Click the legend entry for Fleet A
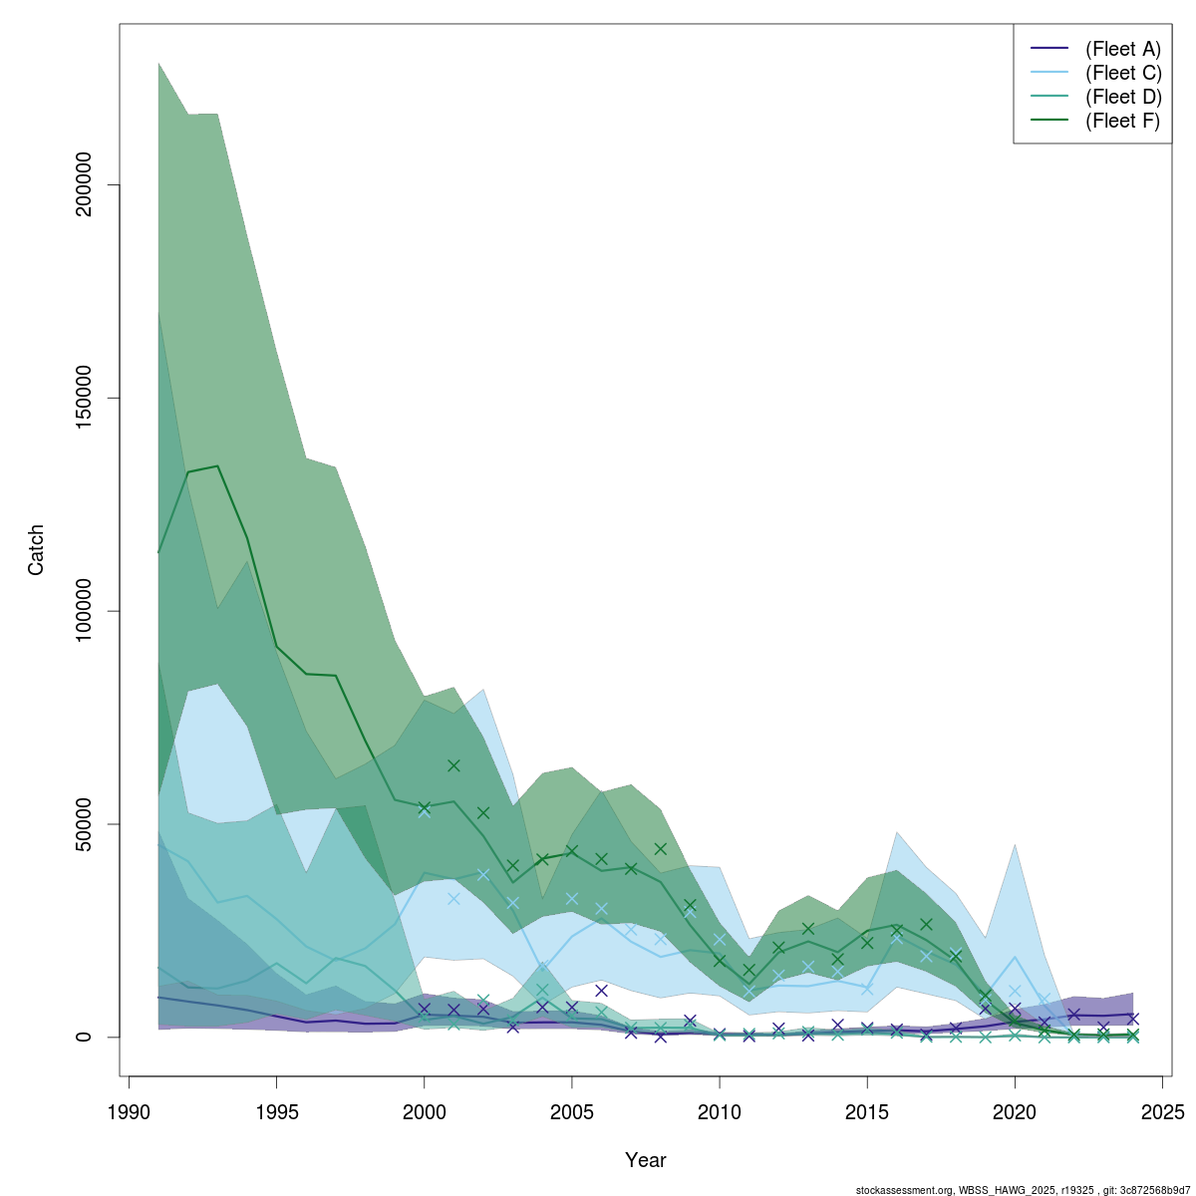click(1123, 49)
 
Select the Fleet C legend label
click(1123, 73)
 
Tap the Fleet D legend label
click(1123, 97)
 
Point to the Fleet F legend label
click(1123, 121)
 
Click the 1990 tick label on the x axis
click(129, 1111)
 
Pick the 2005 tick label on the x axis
click(572, 1111)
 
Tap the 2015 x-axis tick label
click(867, 1111)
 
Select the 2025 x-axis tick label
click(1162, 1111)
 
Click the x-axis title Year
click(646, 1160)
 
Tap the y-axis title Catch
click(36, 550)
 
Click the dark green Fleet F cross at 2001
click(453, 765)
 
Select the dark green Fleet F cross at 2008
click(660, 849)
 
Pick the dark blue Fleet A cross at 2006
click(601, 990)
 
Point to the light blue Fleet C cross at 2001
click(453, 898)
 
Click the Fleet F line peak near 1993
click(217, 466)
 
